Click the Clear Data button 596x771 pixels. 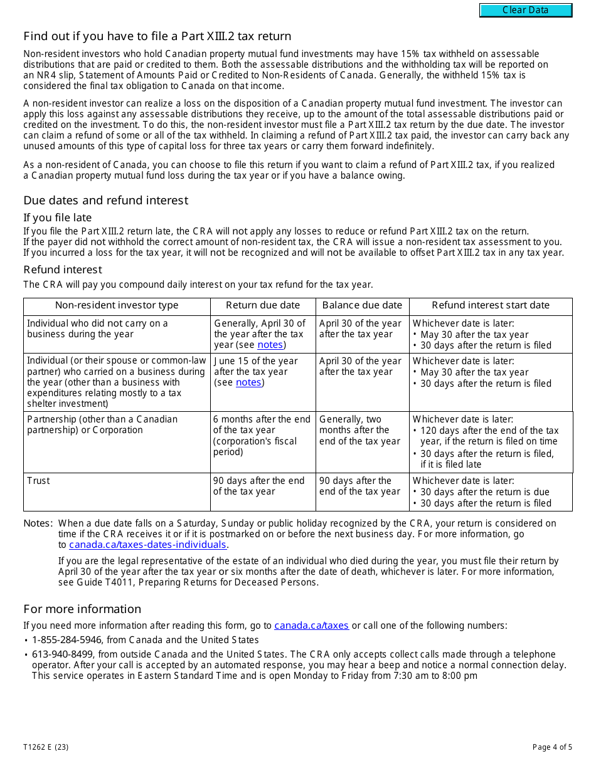click(526, 10)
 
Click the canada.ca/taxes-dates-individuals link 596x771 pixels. click(147, 545)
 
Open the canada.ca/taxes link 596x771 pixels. click(311, 625)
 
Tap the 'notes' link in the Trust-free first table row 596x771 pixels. click(270, 345)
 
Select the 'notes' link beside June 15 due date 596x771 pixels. click(248, 382)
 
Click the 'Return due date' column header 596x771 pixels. click(263, 305)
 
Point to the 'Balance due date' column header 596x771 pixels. click(362, 305)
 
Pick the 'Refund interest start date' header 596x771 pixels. click(491, 305)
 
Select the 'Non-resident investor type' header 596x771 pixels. click(117, 305)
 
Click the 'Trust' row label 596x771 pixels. click(38, 481)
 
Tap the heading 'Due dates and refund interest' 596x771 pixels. click(105, 201)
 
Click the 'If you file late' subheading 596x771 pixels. click(58, 218)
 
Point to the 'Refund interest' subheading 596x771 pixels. click(63, 270)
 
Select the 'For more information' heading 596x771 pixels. click(82, 609)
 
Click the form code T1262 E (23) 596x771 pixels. click(46, 747)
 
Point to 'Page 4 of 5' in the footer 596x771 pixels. click(552, 747)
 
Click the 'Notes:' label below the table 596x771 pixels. click(38, 523)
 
